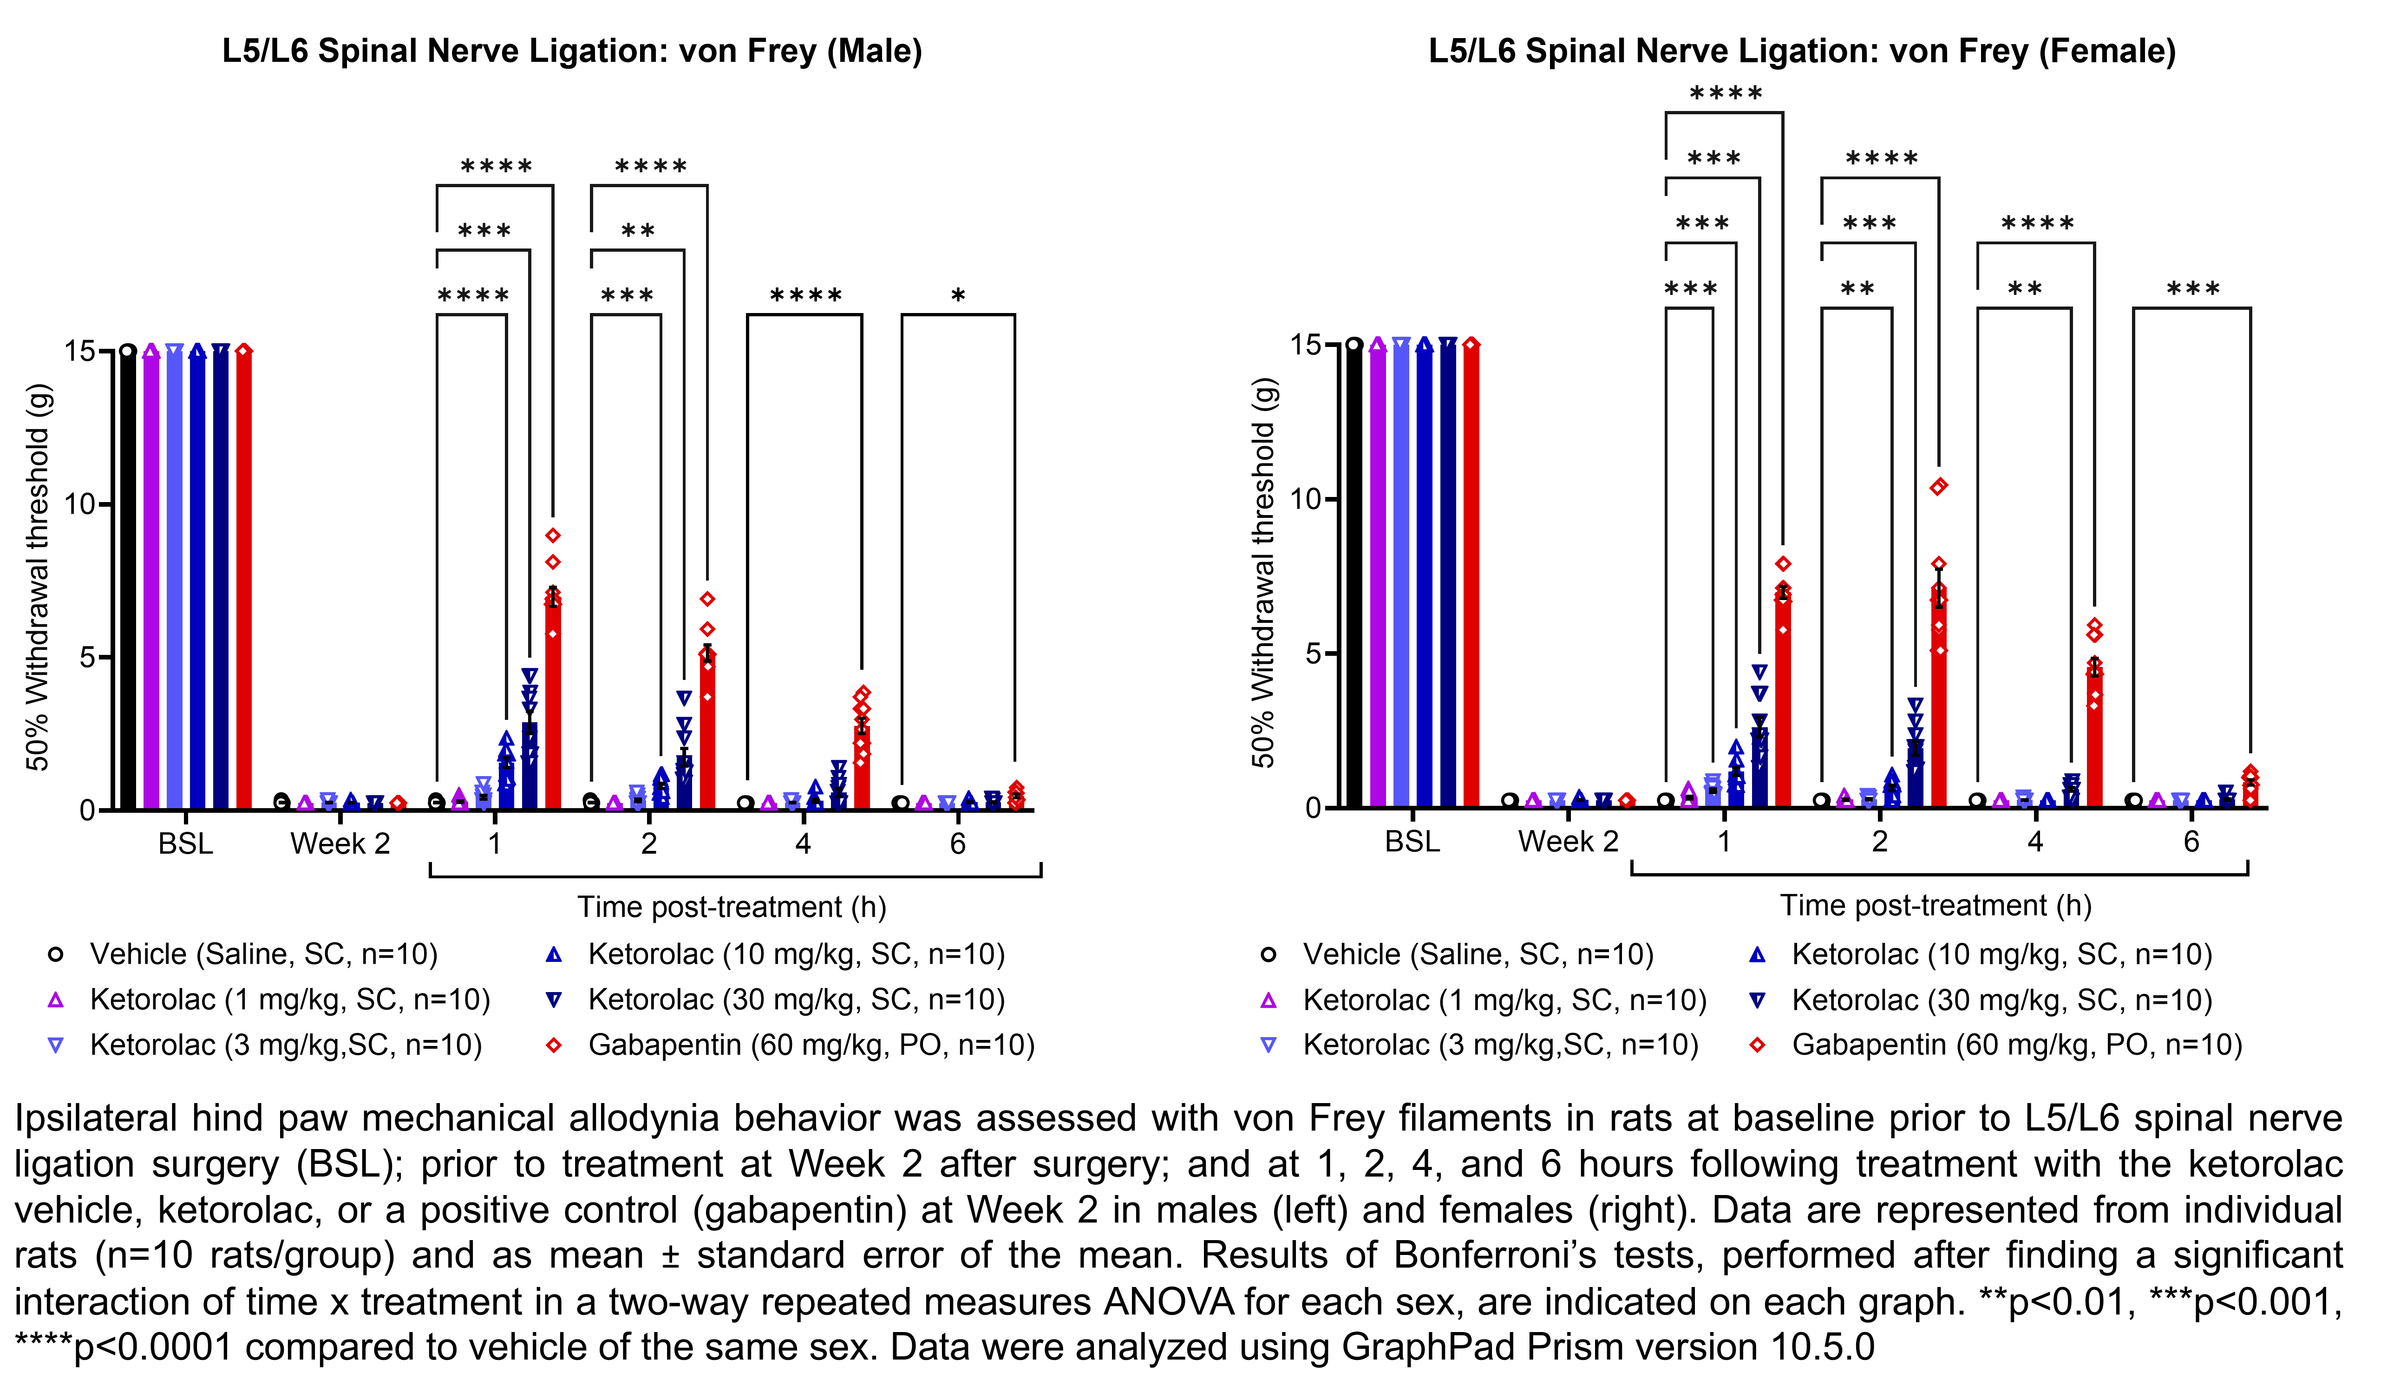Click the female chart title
1802,51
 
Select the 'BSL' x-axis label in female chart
1412,841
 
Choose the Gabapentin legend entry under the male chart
810,1045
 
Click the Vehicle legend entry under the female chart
1478,954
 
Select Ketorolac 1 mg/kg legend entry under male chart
289,999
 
